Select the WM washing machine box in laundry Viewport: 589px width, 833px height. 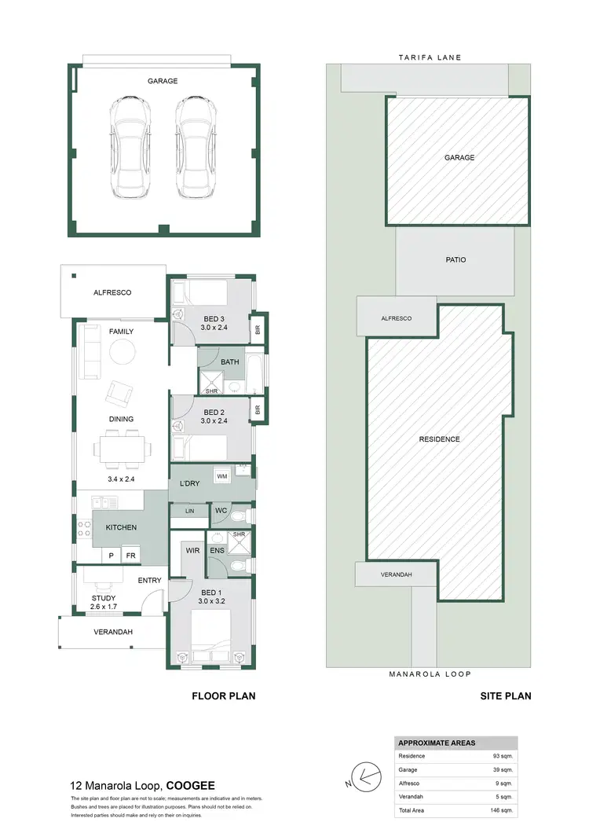click(222, 477)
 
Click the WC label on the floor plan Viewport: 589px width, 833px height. click(221, 511)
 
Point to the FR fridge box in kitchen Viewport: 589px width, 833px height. click(130, 556)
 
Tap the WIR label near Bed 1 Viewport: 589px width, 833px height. click(192, 551)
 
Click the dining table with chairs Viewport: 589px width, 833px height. click(122, 449)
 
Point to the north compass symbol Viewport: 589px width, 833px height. click(367, 778)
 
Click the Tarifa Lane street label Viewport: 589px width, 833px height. click(429, 57)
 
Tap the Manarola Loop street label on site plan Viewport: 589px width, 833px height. click(429, 674)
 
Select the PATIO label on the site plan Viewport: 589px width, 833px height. click(455, 259)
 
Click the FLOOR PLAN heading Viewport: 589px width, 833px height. click(224, 695)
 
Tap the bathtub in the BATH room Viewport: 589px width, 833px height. click(254, 374)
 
